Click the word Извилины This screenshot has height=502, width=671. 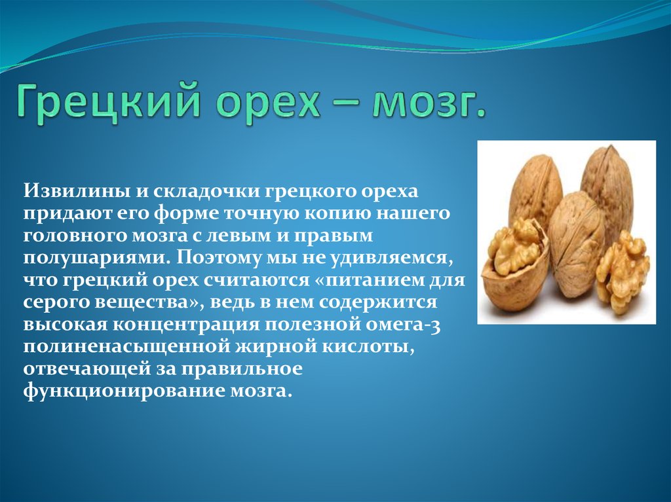point(77,190)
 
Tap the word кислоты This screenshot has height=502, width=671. point(368,346)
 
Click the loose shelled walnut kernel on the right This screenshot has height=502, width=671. point(623,272)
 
